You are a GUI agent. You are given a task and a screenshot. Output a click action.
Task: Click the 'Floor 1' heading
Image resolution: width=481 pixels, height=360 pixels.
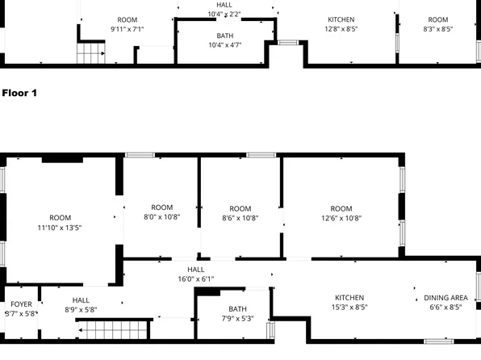[x=19, y=93]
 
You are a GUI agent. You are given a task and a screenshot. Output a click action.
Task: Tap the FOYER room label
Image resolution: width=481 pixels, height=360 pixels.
[x=21, y=304]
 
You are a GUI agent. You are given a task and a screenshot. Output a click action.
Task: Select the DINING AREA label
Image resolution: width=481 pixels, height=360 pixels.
[x=445, y=298]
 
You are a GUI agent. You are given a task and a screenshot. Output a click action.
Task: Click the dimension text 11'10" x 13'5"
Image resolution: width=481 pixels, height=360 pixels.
[x=60, y=228]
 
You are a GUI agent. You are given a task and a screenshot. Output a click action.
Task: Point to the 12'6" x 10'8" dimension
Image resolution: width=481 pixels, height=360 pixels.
[x=341, y=218]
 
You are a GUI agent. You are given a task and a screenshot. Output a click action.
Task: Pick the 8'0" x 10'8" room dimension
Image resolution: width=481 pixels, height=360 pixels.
[x=162, y=217]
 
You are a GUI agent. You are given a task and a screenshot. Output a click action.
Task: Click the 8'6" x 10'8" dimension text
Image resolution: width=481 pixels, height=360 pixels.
[x=240, y=218]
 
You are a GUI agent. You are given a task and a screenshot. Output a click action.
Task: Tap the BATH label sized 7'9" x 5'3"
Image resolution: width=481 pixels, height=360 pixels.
[x=237, y=309]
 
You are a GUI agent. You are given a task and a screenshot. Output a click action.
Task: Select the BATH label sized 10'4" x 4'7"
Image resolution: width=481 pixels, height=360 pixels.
[x=225, y=36]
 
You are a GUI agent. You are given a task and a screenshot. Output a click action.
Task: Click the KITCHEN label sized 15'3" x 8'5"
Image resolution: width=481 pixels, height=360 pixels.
[x=349, y=298]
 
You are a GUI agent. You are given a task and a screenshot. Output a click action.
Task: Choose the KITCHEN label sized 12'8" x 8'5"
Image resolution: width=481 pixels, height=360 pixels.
[x=341, y=19]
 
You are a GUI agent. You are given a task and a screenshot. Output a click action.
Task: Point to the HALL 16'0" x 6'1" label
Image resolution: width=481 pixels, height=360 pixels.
[x=196, y=270]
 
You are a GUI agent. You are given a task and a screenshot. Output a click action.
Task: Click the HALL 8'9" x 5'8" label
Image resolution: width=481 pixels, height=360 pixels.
[x=81, y=300]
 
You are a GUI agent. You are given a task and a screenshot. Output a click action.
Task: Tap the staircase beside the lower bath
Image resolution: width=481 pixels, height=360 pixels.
[x=113, y=330]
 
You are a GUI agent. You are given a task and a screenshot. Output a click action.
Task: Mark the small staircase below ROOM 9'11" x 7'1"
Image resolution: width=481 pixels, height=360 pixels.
[x=91, y=53]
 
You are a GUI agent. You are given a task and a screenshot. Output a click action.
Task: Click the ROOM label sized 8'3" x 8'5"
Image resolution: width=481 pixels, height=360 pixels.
[x=438, y=19]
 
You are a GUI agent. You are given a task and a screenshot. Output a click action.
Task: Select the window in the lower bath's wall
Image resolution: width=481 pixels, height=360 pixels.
[x=270, y=330]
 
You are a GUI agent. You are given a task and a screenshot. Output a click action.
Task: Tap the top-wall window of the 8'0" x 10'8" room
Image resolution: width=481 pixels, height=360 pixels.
[x=140, y=155]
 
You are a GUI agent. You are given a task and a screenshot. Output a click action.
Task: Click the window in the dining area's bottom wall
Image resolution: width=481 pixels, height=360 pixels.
[x=439, y=341]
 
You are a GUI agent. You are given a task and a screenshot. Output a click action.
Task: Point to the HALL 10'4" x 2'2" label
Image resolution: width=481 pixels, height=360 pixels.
[x=224, y=5]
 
